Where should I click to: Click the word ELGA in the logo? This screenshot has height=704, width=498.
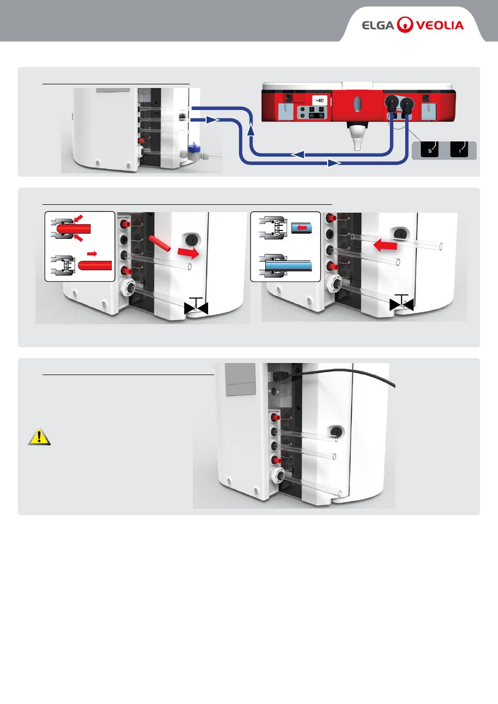coord(377,25)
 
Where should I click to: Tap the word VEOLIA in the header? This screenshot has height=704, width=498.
coord(440,25)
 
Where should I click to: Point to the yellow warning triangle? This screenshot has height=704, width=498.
coord(39,436)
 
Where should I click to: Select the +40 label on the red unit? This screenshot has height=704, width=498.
coord(320,100)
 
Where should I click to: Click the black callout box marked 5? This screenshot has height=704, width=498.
coord(429,150)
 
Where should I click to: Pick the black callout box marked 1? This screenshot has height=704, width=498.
coord(459,150)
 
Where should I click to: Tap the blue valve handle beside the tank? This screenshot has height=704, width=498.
coord(193,148)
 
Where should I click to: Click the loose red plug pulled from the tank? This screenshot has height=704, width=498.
coord(159,244)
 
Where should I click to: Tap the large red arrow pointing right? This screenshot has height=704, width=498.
coord(189,253)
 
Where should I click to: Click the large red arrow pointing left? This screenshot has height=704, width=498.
coord(385,244)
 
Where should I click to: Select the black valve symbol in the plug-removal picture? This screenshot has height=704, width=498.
coord(196,307)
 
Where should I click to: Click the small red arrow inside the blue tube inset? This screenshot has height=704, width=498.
coord(301,228)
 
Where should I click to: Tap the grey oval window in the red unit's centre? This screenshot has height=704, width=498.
coord(358,103)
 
